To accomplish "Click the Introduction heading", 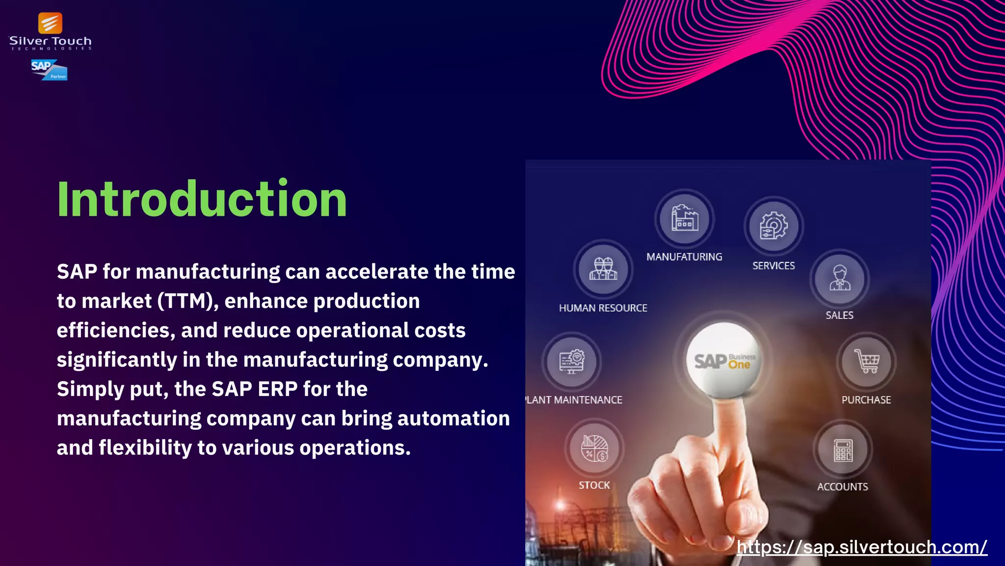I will coord(202,199).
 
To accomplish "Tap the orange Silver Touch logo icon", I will coord(50,24).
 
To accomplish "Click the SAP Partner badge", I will coord(49,70).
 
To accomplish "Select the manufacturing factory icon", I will coord(685,219).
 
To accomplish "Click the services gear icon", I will coord(773,226).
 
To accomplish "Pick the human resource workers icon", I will coord(603,269).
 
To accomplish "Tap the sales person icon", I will coord(840,279).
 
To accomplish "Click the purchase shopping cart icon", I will coord(867,362).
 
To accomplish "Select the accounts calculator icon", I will coord(843,450).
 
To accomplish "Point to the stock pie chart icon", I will coord(594,449).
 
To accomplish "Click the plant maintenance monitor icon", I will coord(572,362).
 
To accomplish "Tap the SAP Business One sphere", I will coord(723,361).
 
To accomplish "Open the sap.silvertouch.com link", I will coord(862,547).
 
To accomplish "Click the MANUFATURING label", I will coord(684,257).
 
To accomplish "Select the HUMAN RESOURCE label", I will coord(603,308).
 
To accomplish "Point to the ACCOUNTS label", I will coord(843,487).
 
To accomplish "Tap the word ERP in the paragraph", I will coord(278,389).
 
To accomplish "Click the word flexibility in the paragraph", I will coord(145,448).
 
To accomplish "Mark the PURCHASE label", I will coord(866,400).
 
